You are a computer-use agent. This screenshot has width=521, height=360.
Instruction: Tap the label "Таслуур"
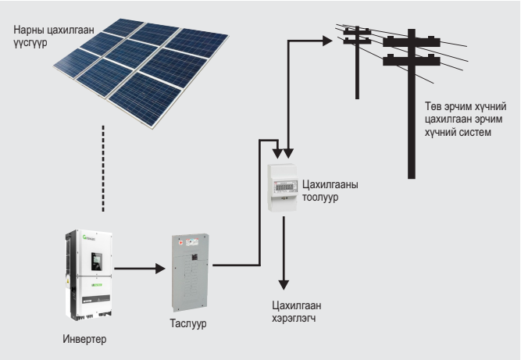click(x=191, y=323)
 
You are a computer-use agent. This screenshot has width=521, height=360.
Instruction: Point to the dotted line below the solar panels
click(x=102, y=167)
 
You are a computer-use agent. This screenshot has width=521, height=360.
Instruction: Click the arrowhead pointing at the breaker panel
click(x=161, y=269)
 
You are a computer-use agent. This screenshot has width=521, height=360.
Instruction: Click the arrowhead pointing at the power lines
click(x=327, y=41)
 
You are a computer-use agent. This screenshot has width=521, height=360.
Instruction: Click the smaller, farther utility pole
click(x=357, y=62)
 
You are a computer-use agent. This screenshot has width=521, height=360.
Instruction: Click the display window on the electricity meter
click(x=284, y=187)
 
